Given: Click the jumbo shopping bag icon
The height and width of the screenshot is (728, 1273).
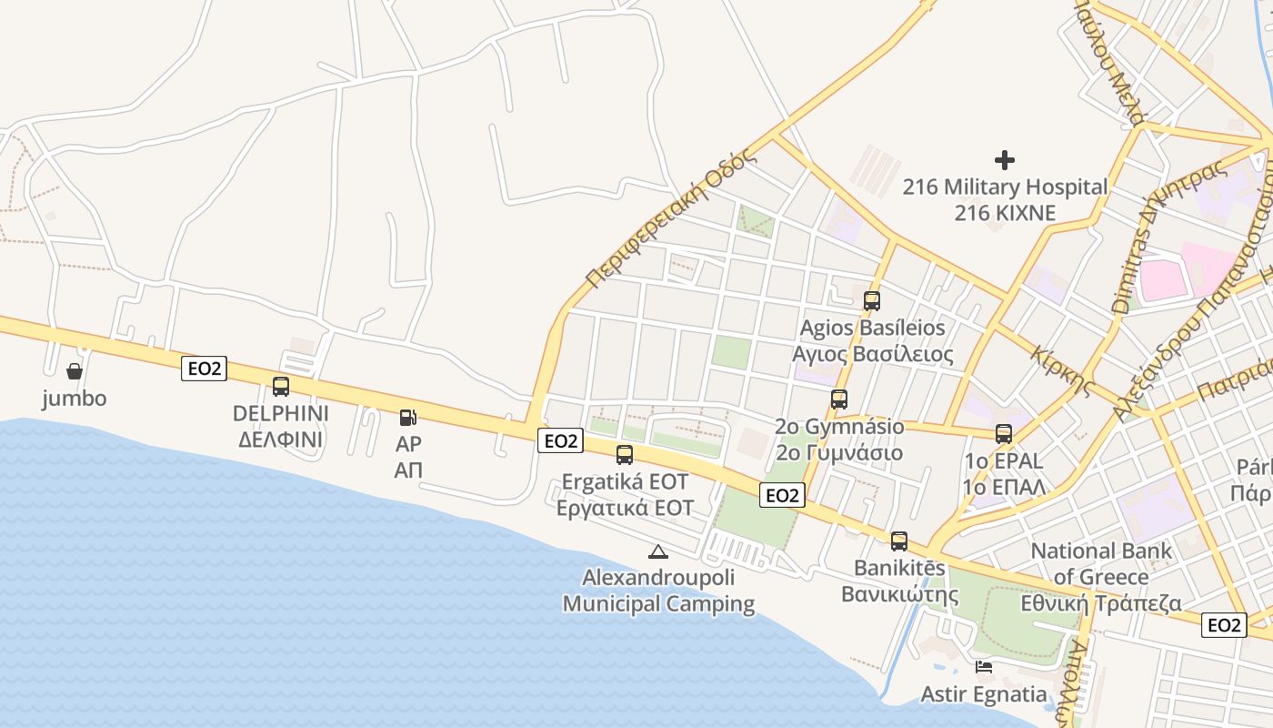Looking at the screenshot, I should point(75,371).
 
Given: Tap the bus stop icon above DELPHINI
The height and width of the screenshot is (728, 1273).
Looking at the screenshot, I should point(281,387).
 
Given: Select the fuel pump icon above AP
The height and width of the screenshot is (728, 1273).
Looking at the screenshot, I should point(408,418).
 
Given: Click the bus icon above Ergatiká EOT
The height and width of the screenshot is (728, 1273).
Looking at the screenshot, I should point(625,455).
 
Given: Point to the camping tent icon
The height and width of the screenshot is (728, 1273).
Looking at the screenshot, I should point(657,551).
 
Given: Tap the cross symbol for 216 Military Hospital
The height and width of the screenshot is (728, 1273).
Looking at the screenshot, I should point(1005,160).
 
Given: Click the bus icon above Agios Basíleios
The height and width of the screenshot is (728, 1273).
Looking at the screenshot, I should point(872,300).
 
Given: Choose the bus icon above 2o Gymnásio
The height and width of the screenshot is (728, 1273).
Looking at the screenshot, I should point(839,399).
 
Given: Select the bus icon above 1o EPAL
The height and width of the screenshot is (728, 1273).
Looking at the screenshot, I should point(1004,434).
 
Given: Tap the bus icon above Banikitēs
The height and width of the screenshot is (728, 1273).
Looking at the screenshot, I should point(899,541).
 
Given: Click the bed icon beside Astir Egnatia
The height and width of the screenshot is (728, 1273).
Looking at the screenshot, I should point(984,667).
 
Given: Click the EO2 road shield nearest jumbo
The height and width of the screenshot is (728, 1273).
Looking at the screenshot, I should point(204,369).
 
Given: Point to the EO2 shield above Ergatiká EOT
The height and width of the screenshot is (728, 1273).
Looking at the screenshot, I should point(559,441).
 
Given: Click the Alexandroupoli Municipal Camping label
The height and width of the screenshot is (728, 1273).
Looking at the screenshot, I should point(658,591).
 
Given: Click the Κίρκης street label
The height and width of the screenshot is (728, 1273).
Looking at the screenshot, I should point(1063,369).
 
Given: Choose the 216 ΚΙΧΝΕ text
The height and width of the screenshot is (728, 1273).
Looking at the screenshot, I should point(1005,214).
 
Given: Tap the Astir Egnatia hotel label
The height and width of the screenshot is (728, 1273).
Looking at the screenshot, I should point(984,694).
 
